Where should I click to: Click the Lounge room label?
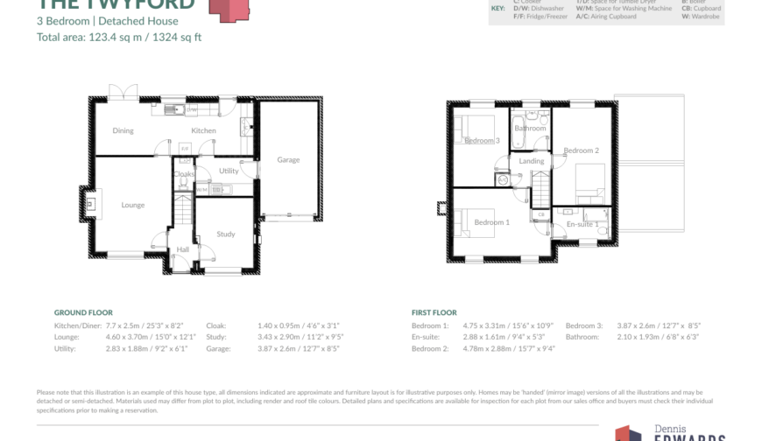coord(133,206)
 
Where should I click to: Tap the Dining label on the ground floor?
coord(123,131)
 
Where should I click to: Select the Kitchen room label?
coord(203,131)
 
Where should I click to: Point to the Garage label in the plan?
coord(288,160)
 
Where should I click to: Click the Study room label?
coord(226,234)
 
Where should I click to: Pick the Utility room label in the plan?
coord(229,171)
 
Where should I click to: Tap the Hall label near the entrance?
coord(183,249)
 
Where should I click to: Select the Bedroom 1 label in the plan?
coord(491,222)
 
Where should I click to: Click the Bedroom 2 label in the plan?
coord(581,150)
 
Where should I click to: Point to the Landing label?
coord(532,161)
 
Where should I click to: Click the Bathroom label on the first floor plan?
coord(530,129)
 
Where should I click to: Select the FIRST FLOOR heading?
coord(434,312)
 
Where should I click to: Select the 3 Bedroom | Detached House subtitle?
coord(107,21)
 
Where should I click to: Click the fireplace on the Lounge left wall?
coord(90,204)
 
